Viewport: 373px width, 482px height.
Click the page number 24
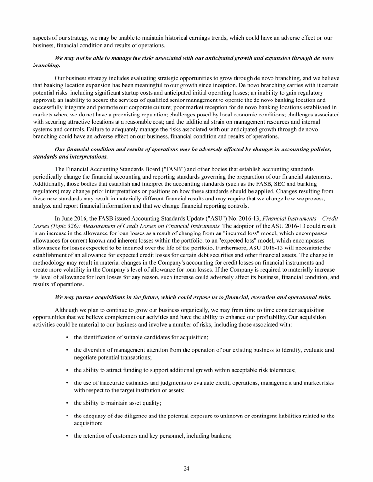coord(186,468)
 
